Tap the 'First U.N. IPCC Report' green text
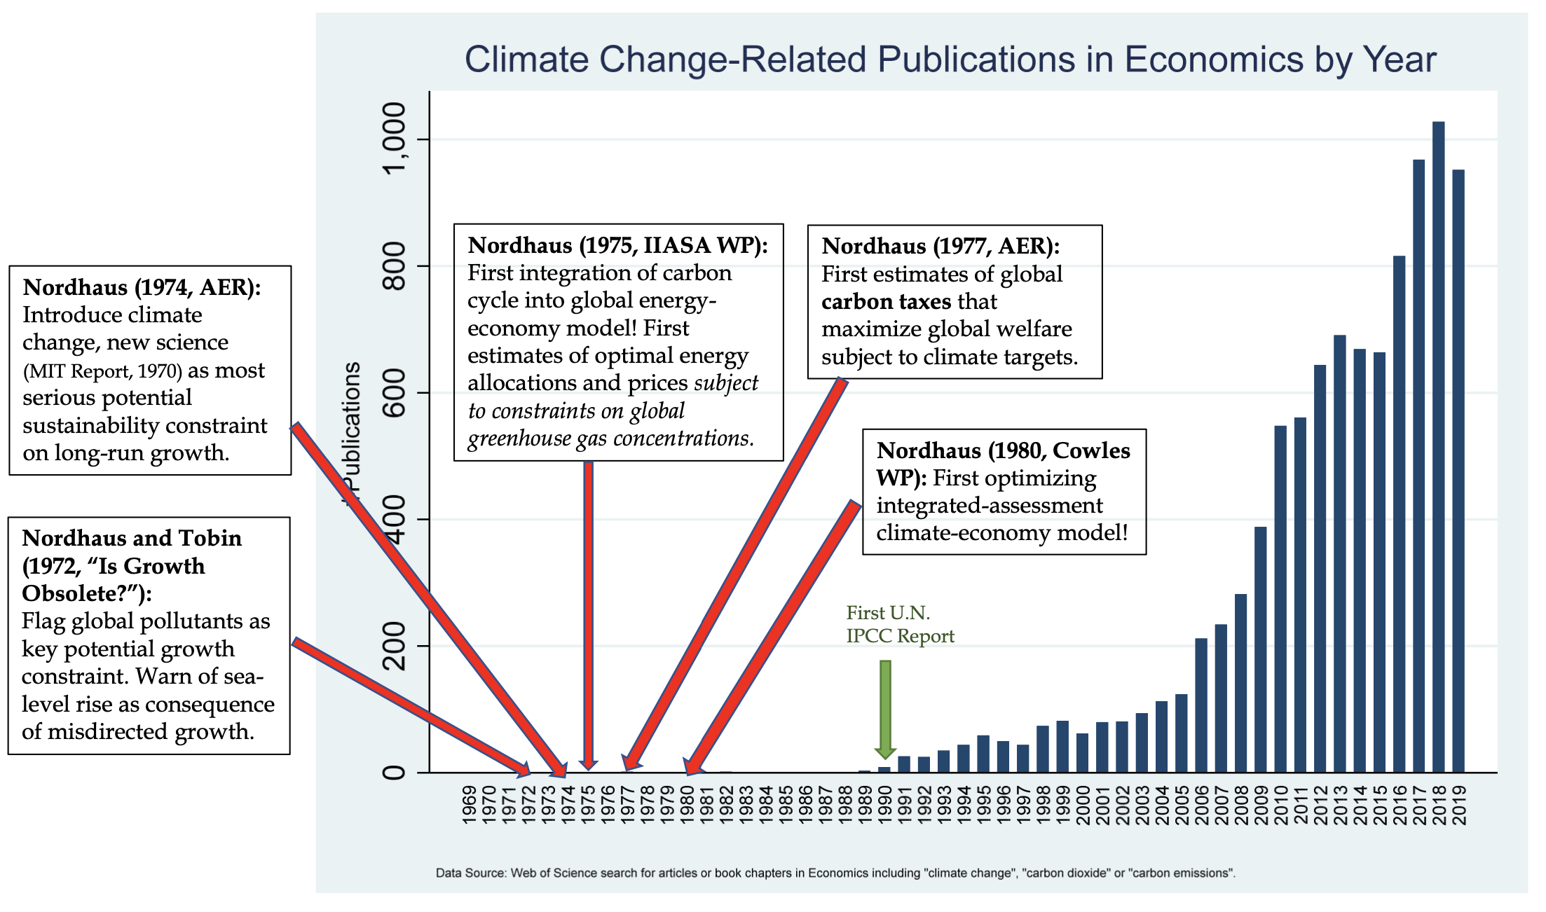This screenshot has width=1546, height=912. coord(900,624)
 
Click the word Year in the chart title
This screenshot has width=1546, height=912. coord(1399,59)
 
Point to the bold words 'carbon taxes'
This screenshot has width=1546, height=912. coord(886,302)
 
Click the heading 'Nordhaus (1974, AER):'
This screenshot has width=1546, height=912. coord(142,287)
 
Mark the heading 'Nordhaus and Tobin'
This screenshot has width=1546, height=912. coord(132,538)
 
